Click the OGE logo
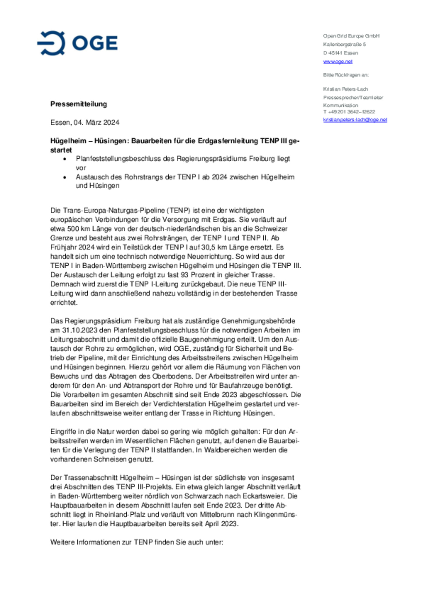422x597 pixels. click(x=77, y=43)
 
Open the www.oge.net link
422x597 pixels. click(x=338, y=62)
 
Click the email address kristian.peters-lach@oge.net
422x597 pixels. click(x=355, y=120)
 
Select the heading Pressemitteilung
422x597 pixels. click(x=79, y=104)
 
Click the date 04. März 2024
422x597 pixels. click(x=96, y=122)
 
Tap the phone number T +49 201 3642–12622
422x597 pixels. click(x=349, y=112)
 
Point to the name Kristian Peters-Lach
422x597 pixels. click(x=346, y=89)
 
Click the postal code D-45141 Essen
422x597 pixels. click(x=341, y=53)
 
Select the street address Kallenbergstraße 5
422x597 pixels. click(x=344, y=45)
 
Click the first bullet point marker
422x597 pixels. click(x=65, y=159)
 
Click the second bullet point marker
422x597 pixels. click(x=65, y=177)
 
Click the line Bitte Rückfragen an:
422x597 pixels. click(x=346, y=75)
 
